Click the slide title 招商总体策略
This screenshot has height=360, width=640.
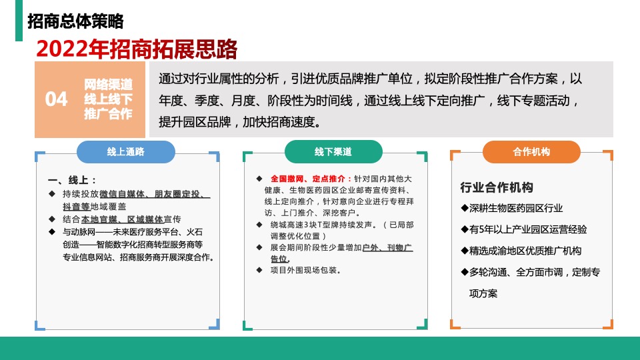75,21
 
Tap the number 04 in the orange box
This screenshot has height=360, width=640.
57,99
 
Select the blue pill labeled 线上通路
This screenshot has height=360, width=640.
126,151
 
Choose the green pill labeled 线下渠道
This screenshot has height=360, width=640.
333,151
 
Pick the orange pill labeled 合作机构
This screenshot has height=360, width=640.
531,151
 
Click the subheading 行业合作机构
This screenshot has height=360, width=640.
497,187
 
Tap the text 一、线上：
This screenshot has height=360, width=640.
73,181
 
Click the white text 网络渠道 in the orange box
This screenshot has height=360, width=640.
108,85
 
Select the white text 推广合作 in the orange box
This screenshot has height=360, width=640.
108,114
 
